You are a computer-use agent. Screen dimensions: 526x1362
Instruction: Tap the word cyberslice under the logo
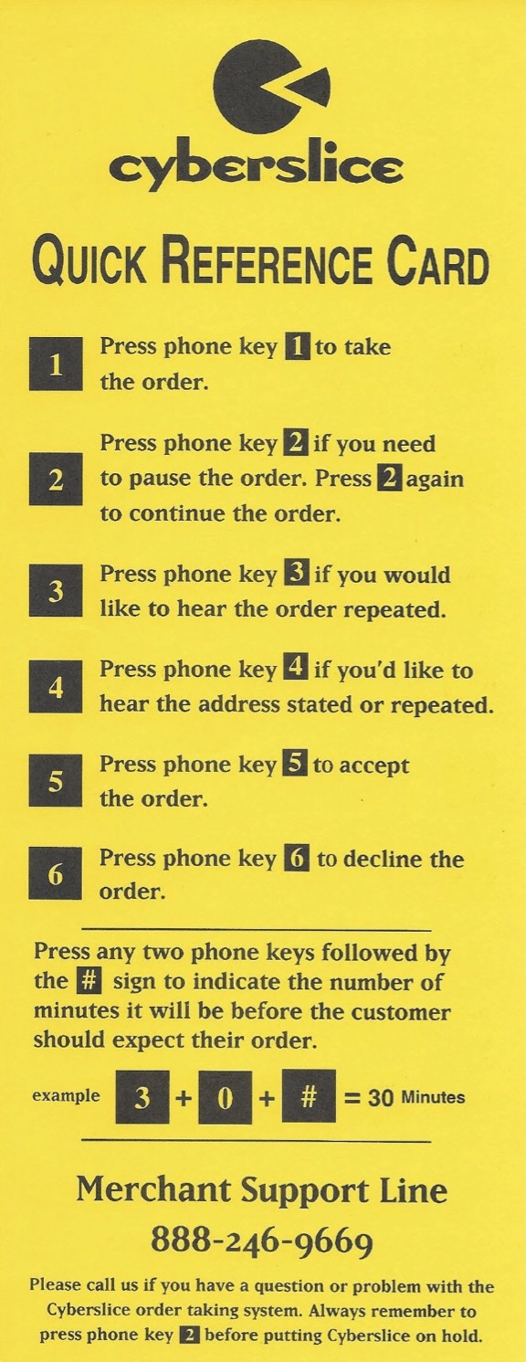tap(256, 164)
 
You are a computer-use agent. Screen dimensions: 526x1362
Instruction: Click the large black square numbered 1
tap(56, 364)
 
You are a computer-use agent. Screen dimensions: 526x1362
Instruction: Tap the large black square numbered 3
tap(56, 590)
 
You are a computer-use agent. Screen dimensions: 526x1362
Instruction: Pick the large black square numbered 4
tap(56, 686)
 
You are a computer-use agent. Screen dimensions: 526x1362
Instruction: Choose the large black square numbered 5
tap(56, 781)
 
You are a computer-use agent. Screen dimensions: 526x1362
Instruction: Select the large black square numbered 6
tap(56, 873)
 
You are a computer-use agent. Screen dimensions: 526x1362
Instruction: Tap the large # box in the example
tap(309, 1095)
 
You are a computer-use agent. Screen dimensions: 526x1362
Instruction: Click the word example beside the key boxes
tap(67, 1095)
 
